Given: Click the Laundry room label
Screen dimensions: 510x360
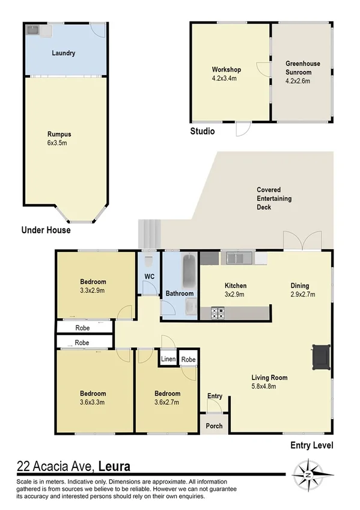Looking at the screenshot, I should pyautogui.click(x=63, y=54).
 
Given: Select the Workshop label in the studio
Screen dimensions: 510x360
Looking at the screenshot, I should pyautogui.click(x=226, y=70).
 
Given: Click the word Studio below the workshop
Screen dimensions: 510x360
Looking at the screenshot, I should pyautogui.click(x=202, y=131).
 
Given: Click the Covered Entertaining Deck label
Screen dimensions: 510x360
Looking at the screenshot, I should pyautogui.click(x=273, y=198).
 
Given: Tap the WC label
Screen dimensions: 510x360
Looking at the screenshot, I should pyautogui.click(x=150, y=277).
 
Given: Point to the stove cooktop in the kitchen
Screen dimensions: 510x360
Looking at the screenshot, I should pyautogui.click(x=216, y=313).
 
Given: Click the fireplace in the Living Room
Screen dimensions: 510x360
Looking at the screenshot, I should pyautogui.click(x=320, y=356).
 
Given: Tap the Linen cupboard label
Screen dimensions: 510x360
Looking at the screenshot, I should pyautogui.click(x=168, y=360).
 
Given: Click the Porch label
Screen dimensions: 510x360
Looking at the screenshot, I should pyautogui.click(x=214, y=426).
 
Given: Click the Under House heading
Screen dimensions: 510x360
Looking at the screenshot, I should pyautogui.click(x=46, y=230).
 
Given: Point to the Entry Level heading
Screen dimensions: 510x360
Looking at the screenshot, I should pyautogui.click(x=311, y=446).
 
